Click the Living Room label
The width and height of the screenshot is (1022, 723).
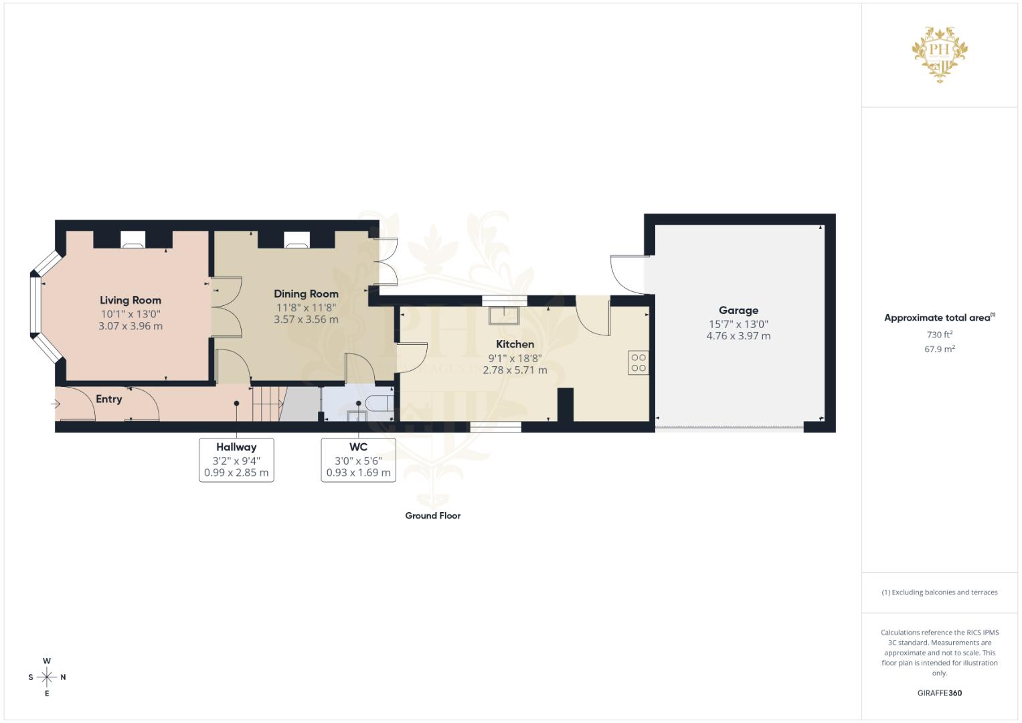coord(131,300)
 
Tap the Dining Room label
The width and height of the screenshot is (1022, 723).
coord(306,293)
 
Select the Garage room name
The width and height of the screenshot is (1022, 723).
coord(738,310)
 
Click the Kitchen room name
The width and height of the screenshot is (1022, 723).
coord(515,344)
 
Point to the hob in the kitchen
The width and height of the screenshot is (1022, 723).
coord(638,362)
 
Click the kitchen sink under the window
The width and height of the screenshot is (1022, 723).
coord(504,315)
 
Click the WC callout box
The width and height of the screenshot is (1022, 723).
coord(358,460)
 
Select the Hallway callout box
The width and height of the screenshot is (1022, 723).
coord(236,460)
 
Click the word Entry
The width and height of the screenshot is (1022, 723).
coord(108,399)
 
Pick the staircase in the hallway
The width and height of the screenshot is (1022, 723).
coord(268,404)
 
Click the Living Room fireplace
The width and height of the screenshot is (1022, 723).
coord(133,239)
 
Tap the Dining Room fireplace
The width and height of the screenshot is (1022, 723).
coord(296,239)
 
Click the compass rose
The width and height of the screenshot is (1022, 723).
coord(47,677)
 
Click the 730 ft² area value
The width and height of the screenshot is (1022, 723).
coord(939,334)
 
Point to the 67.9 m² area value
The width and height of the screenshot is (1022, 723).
coord(939,349)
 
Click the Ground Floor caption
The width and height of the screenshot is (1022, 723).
coord(432,515)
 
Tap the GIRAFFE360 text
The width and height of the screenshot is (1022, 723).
coord(939,693)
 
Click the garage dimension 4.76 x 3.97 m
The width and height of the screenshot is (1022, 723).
coord(738,336)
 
